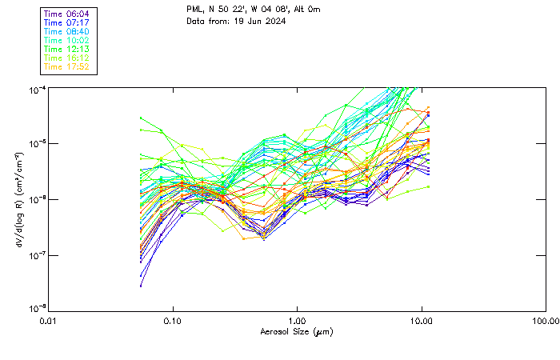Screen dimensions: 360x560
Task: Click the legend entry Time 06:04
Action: pyautogui.click(x=67, y=14)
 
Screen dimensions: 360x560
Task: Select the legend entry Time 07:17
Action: pyautogui.click(x=67, y=22)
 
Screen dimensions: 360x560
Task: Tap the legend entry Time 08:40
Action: pyautogui.click(x=67, y=31)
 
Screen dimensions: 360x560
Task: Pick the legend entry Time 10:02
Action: pyautogui.click(x=67, y=40)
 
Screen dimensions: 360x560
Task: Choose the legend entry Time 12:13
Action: pyautogui.click(x=67, y=49)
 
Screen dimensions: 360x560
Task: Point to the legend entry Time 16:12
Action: pyautogui.click(x=67, y=58)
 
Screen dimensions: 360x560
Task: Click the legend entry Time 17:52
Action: pyautogui.click(x=67, y=66)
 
